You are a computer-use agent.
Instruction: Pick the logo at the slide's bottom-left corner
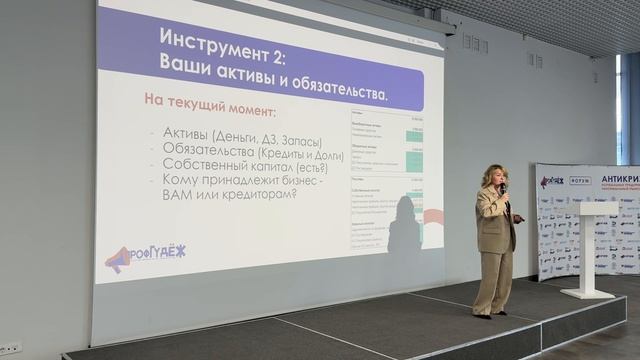click(145, 257)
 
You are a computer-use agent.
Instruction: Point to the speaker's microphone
click(502, 189)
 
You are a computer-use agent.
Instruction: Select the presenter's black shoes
click(484, 315)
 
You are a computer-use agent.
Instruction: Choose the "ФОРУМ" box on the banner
click(581, 181)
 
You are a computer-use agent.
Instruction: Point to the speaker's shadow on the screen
click(404, 228)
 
